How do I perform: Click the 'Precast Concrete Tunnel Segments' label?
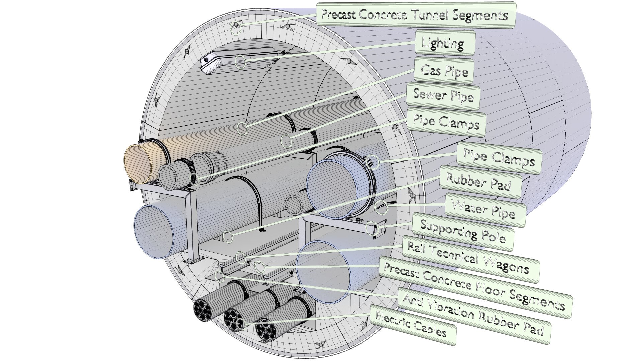click(416, 15)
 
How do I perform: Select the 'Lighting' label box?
click(444, 43)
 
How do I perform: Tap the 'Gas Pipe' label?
click(444, 71)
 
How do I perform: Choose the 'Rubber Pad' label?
click(479, 183)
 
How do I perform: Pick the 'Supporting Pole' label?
click(462, 232)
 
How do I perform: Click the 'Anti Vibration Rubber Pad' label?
click(473, 315)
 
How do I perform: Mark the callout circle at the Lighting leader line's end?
click(240, 62)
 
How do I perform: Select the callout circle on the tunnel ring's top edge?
click(236, 28)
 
